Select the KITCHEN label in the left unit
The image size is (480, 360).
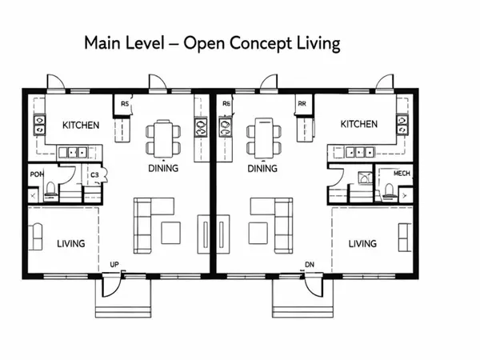point(81,125)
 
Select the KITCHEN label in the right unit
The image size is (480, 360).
point(358,124)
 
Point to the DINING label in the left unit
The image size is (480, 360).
point(163,169)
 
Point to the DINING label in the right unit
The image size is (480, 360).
point(262,169)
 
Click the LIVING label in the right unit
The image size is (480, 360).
point(362,243)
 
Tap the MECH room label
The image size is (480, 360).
point(390,174)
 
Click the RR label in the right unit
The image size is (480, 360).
point(302,103)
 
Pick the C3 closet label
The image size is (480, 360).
point(94,174)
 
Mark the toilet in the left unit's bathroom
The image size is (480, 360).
point(50,190)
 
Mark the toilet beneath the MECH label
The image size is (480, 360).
point(389,190)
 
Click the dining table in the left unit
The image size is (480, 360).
point(163,137)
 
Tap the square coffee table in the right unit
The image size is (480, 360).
point(258,232)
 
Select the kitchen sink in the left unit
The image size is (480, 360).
point(78,151)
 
